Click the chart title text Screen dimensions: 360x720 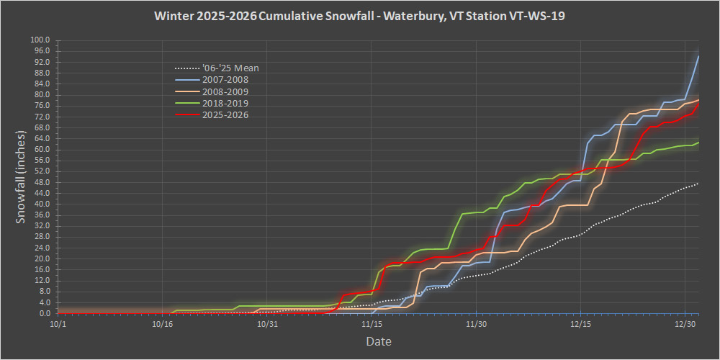pos(359,16)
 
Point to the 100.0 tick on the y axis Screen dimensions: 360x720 pos(40,40)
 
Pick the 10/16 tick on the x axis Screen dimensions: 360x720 pos(163,325)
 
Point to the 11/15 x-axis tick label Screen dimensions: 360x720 pos(372,325)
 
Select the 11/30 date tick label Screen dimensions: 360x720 pos(477,325)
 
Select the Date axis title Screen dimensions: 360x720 pos(378,341)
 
